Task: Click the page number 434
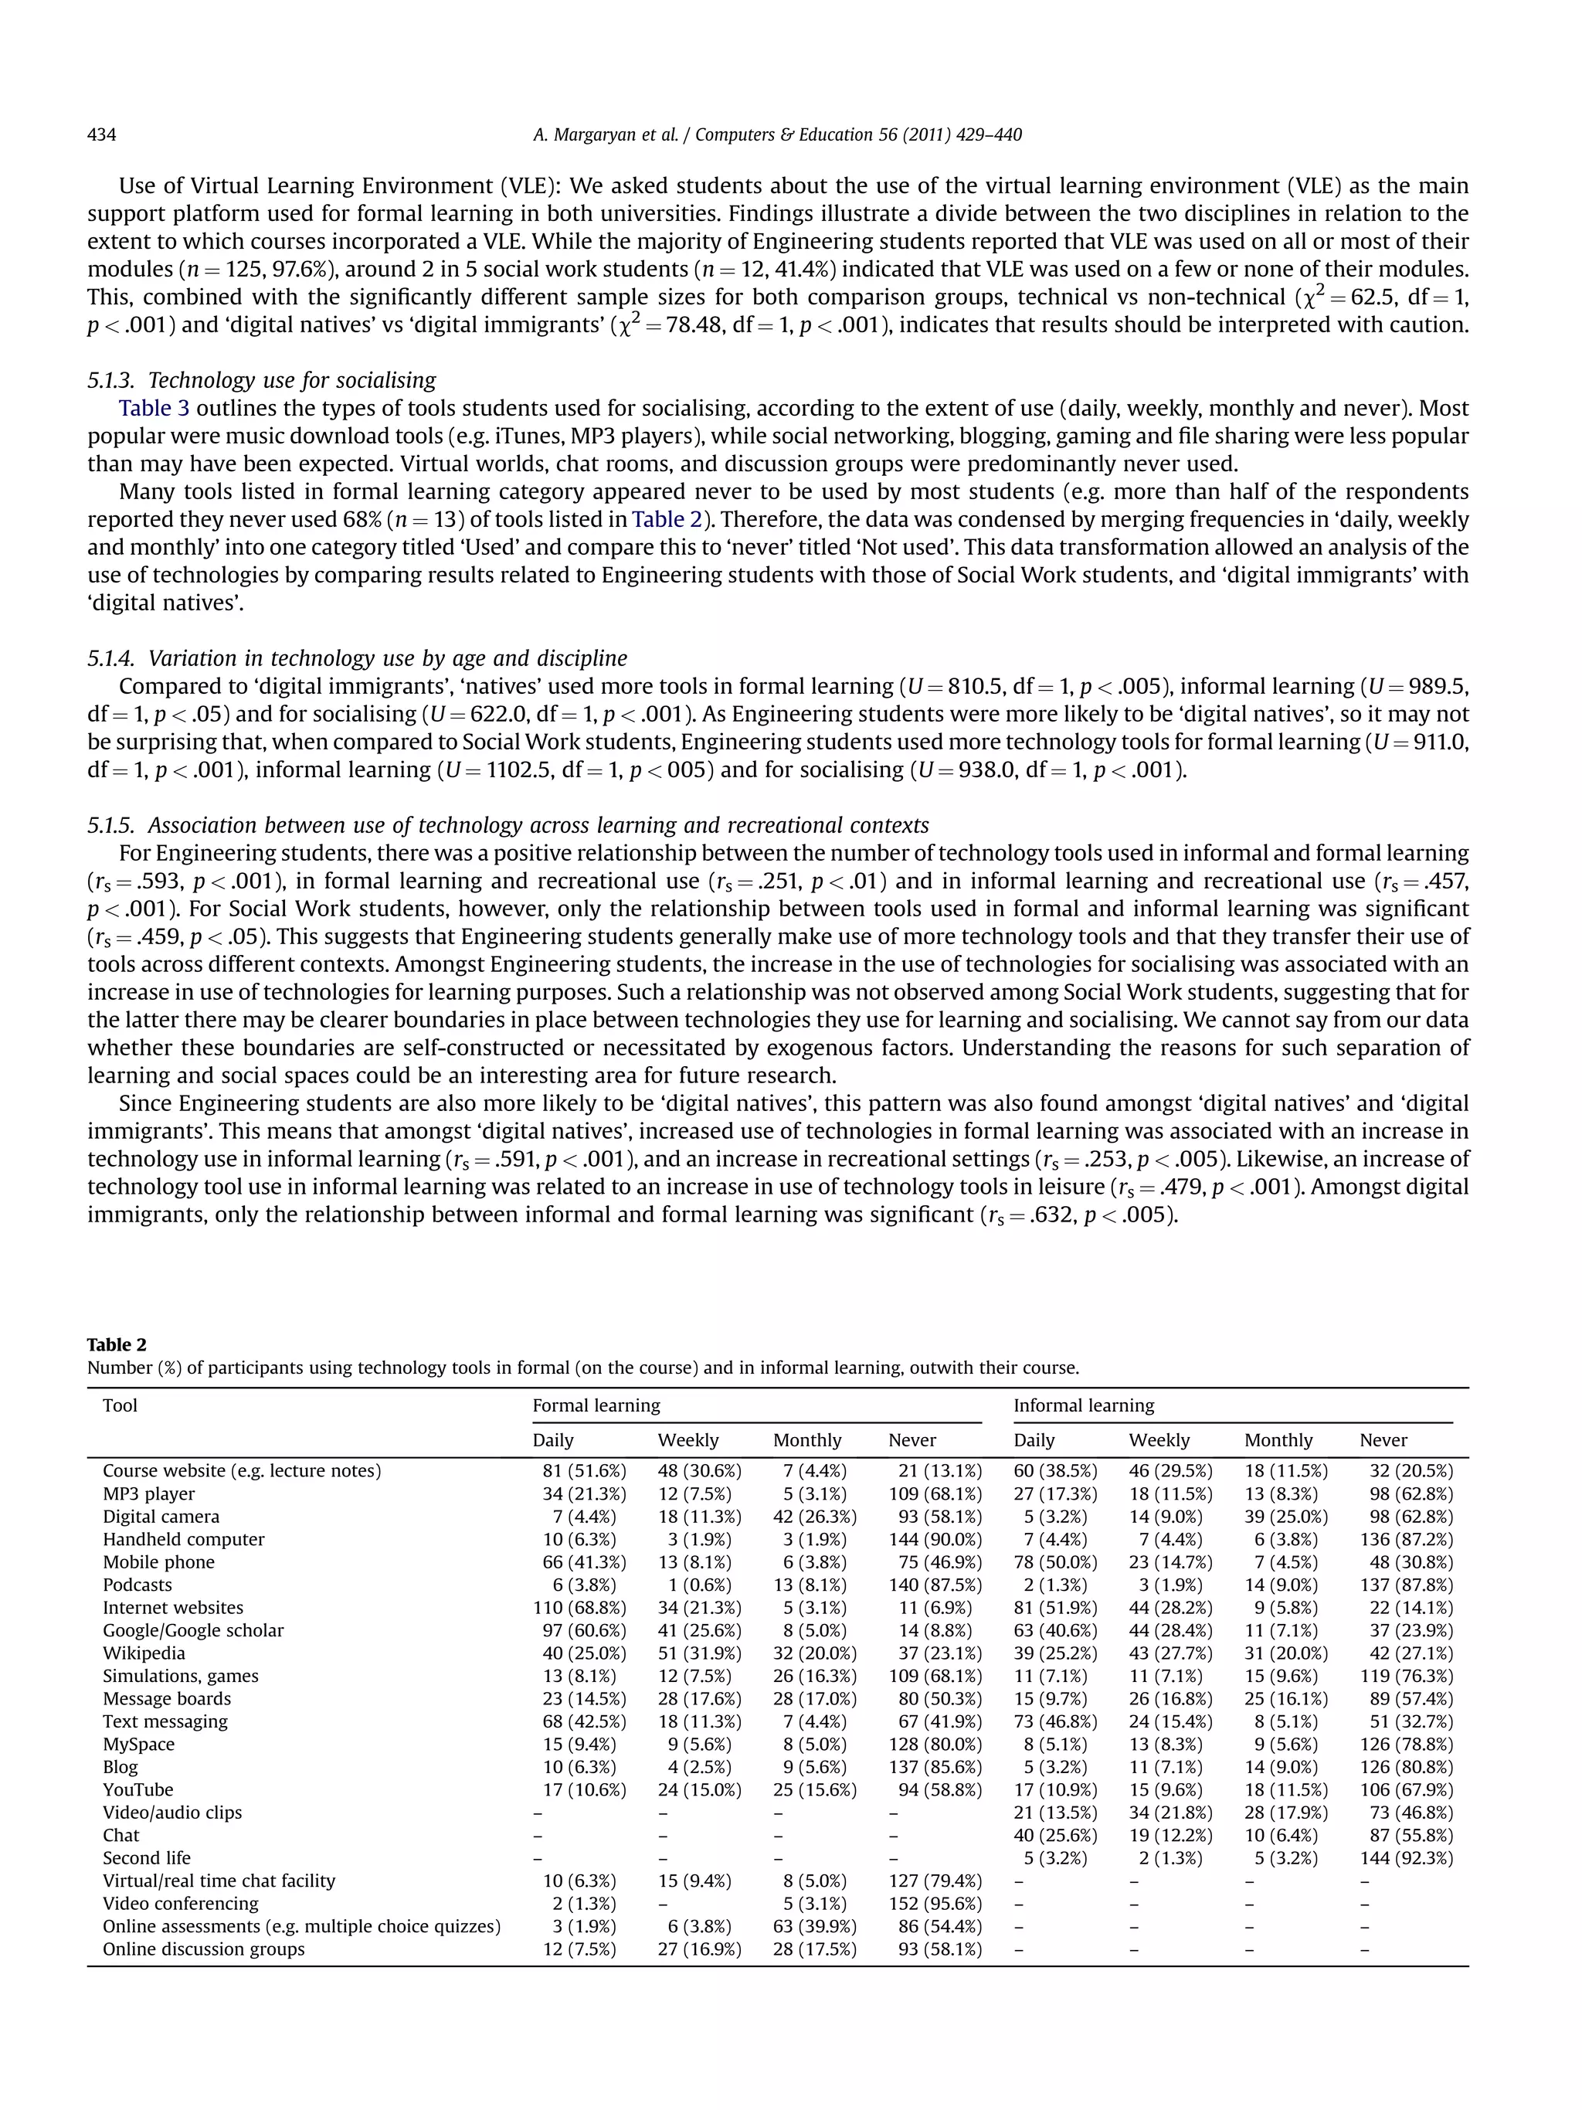(102, 134)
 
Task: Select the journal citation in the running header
(776, 134)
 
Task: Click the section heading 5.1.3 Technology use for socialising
(261, 381)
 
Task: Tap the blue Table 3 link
(154, 408)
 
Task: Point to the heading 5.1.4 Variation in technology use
(357, 658)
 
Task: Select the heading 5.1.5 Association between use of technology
(508, 825)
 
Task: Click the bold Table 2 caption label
(117, 1345)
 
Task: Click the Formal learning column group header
(596, 1405)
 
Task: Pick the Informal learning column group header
(1083, 1405)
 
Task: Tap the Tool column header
(121, 1405)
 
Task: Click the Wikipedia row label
(144, 1653)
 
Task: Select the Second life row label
(147, 1858)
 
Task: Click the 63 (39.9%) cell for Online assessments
(813, 1927)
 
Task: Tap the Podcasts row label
(137, 1585)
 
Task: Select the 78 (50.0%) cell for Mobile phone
(1054, 1562)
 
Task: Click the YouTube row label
(138, 1790)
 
